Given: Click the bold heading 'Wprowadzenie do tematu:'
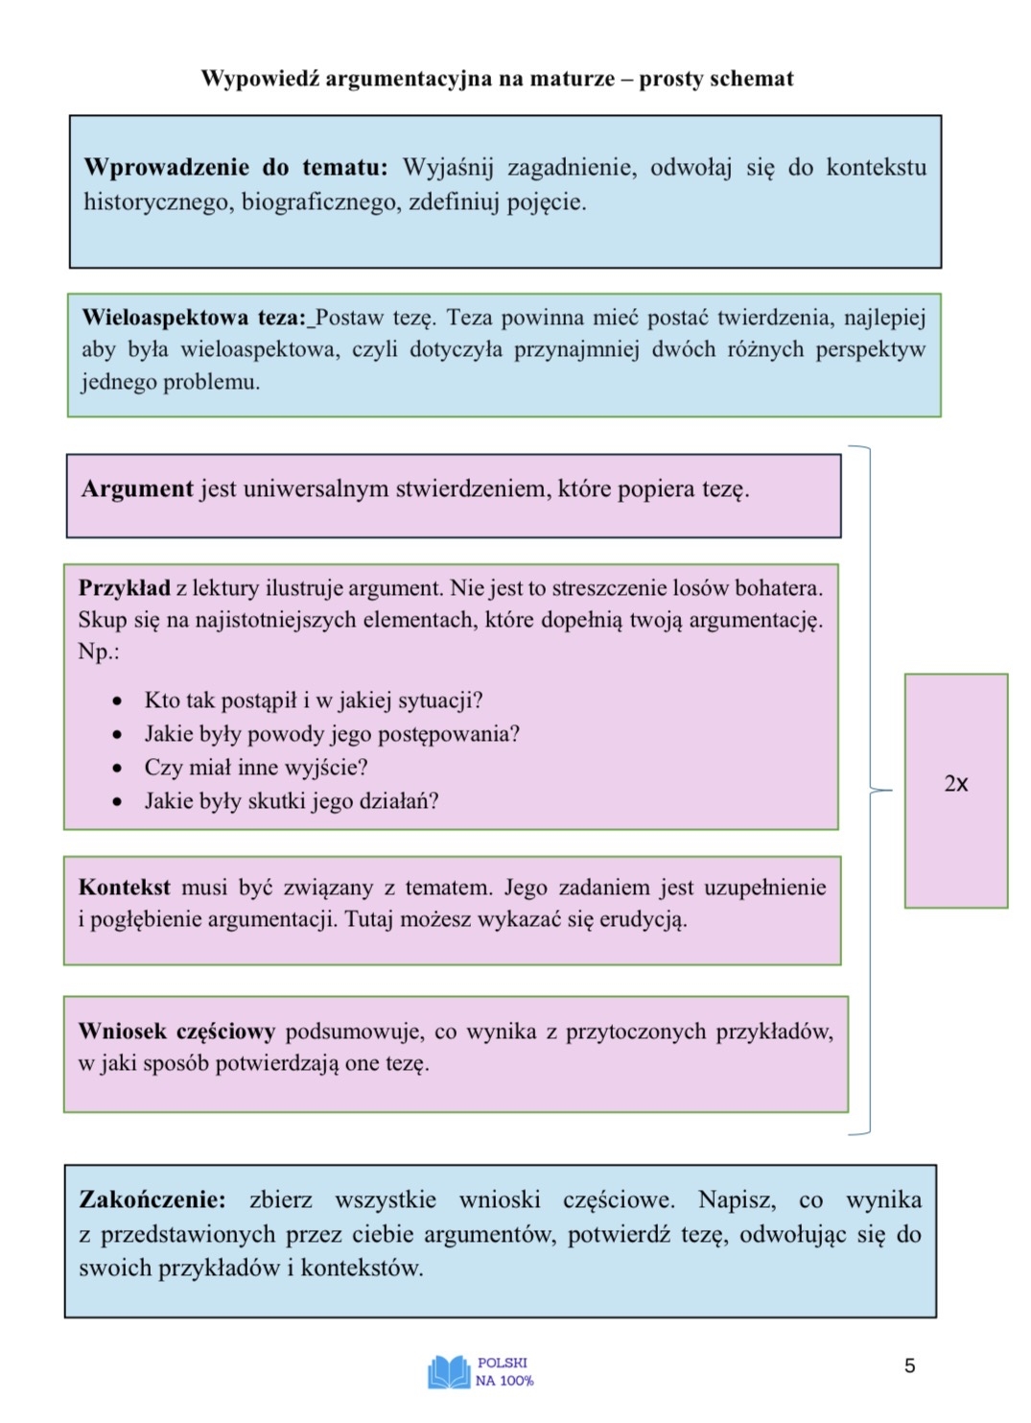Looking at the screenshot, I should (x=235, y=168).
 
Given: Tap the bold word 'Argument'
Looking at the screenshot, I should (x=137, y=489).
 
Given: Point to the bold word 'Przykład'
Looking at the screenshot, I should (x=124, y=588).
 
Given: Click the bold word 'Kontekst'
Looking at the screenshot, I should (x=125, y=888).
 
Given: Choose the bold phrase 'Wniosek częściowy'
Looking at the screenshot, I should (x=176, y=1032).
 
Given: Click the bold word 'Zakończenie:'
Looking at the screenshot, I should (x=152, y=1200).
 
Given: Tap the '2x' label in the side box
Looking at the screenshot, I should (x=956, y=784).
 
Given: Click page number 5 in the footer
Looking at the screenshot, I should (x=910, y=1365).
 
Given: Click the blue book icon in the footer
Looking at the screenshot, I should (x=449, y=1372).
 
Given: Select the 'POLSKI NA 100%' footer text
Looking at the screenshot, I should (x=504, y=1372).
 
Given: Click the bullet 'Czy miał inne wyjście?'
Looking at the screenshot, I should (x=256, y=768).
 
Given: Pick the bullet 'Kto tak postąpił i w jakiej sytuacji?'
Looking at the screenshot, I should (x=314, y=700).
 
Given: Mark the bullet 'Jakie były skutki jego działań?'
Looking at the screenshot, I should (x=292, y=801).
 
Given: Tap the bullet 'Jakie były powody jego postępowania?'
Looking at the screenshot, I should (x=332, y=734).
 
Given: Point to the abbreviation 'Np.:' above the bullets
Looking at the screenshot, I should (x=99, y=652).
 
